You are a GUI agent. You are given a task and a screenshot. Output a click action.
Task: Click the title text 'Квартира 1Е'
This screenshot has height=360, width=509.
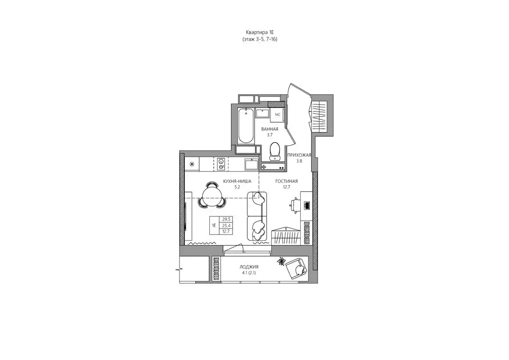(260, 32)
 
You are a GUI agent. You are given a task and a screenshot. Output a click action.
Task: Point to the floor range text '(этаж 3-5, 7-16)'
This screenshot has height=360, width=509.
(259, 39)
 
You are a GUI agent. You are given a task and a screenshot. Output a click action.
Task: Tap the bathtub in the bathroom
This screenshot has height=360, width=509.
(245, 126)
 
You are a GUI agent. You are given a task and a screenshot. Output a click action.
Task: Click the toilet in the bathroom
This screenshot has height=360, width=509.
(275, 152)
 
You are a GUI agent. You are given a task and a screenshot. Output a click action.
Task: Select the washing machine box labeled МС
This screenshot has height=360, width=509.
(277, 114)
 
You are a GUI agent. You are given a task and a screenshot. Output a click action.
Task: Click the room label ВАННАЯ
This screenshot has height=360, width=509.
(270, 129)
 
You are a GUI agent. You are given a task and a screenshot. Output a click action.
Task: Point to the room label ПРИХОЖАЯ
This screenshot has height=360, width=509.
(299, 155)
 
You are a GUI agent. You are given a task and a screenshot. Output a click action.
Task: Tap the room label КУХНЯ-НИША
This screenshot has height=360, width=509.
(237, 181)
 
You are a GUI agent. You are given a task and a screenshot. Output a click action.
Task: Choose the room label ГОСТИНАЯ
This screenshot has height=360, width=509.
(286, 181)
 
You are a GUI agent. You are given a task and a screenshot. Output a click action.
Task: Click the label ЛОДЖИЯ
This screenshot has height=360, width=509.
(249, 267)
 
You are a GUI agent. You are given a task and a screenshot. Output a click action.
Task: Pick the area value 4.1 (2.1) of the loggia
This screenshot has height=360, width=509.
(249, 273)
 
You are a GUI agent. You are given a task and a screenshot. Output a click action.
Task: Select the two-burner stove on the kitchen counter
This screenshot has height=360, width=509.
(221, 164)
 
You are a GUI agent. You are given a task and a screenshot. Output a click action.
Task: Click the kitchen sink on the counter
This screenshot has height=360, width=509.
(251, 164)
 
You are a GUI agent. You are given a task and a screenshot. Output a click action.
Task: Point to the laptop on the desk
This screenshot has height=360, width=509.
(306, 205)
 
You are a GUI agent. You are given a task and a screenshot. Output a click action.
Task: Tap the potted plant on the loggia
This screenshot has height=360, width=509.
(281, 262)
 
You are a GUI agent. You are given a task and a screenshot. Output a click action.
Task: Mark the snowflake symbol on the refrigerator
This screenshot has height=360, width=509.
(192, 164)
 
